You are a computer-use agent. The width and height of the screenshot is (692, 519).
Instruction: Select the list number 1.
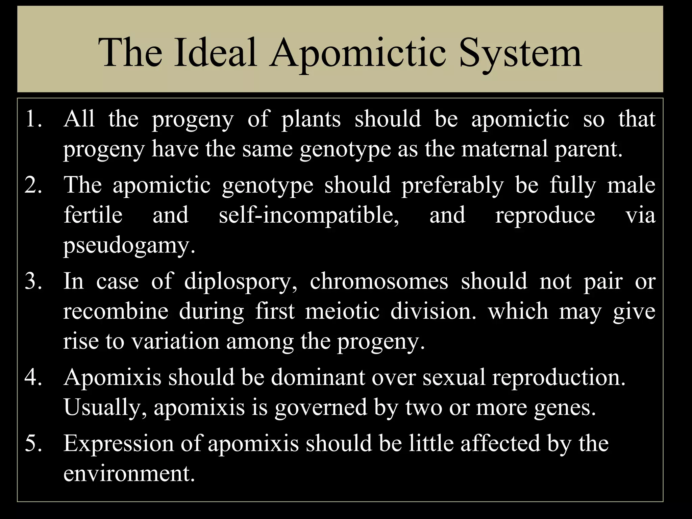point(33,119)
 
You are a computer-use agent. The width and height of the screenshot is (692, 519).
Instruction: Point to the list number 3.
point(33,281)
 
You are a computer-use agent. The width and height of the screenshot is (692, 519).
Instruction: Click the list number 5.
point(33,443)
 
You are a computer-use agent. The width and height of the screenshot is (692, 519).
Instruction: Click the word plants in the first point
point(311,119)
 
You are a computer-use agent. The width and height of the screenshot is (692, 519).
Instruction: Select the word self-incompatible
point(309,215)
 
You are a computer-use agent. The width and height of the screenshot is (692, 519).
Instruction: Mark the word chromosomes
point(379,281)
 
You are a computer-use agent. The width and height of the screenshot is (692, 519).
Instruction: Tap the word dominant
point(318,377)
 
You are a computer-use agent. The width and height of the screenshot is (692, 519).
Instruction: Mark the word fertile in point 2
point(93,215)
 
